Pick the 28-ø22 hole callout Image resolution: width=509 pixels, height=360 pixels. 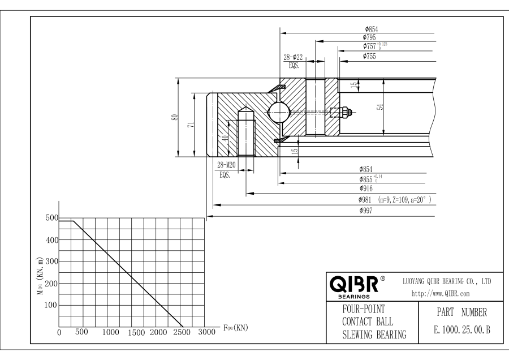(x=292, y=58)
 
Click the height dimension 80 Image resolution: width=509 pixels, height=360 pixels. (x=175, y=117)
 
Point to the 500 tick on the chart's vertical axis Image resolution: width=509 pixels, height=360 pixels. (x=51, y=218)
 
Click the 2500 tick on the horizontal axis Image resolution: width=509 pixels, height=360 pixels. (x=182, y=332)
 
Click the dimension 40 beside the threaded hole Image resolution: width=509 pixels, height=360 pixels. (x=225, y=138)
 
